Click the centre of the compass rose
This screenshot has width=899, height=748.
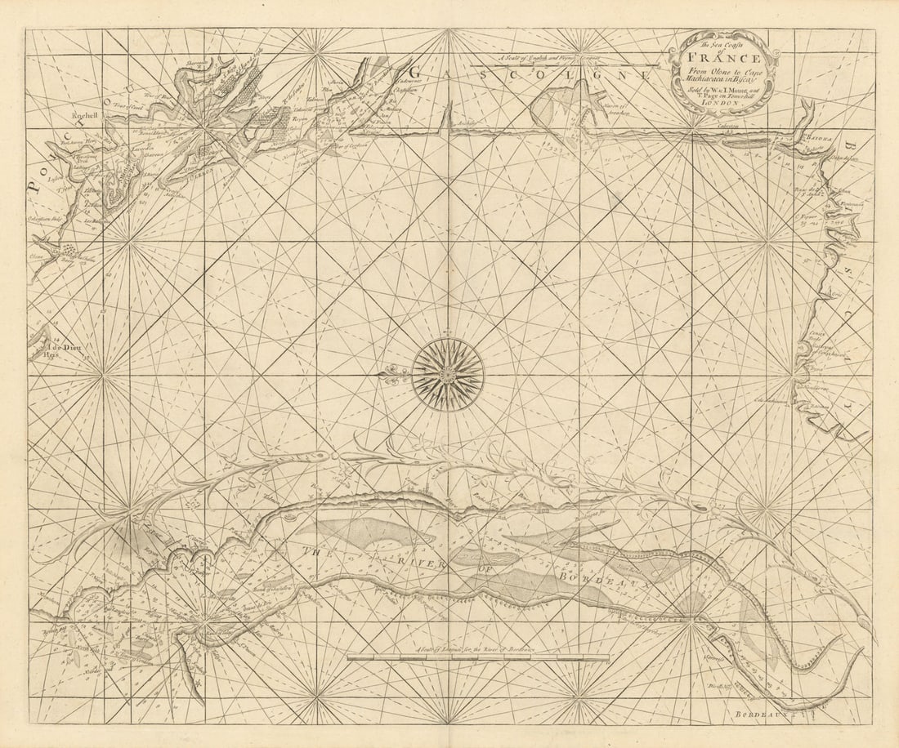447,375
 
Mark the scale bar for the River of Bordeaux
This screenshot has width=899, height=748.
478,657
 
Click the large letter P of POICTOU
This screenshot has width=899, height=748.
34,185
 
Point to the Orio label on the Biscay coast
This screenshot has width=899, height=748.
835,292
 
